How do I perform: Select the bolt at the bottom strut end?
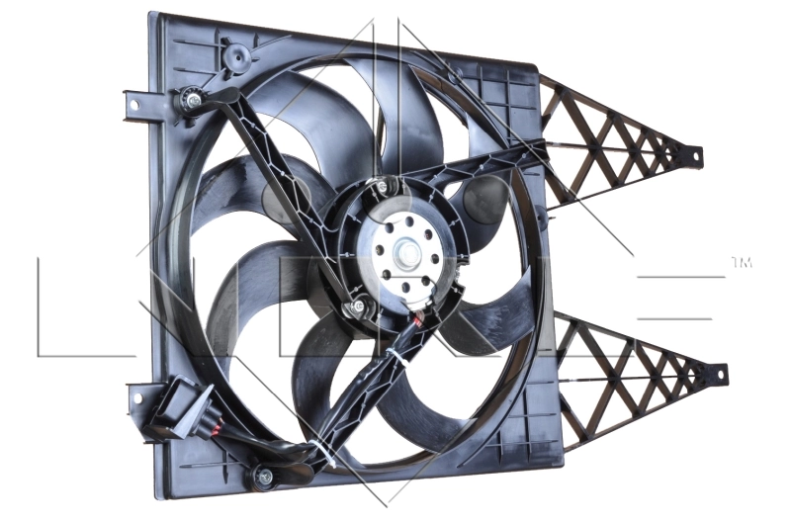pos(264,477)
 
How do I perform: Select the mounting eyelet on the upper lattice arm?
pos(696,154)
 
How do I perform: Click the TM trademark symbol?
pos(742,263)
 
